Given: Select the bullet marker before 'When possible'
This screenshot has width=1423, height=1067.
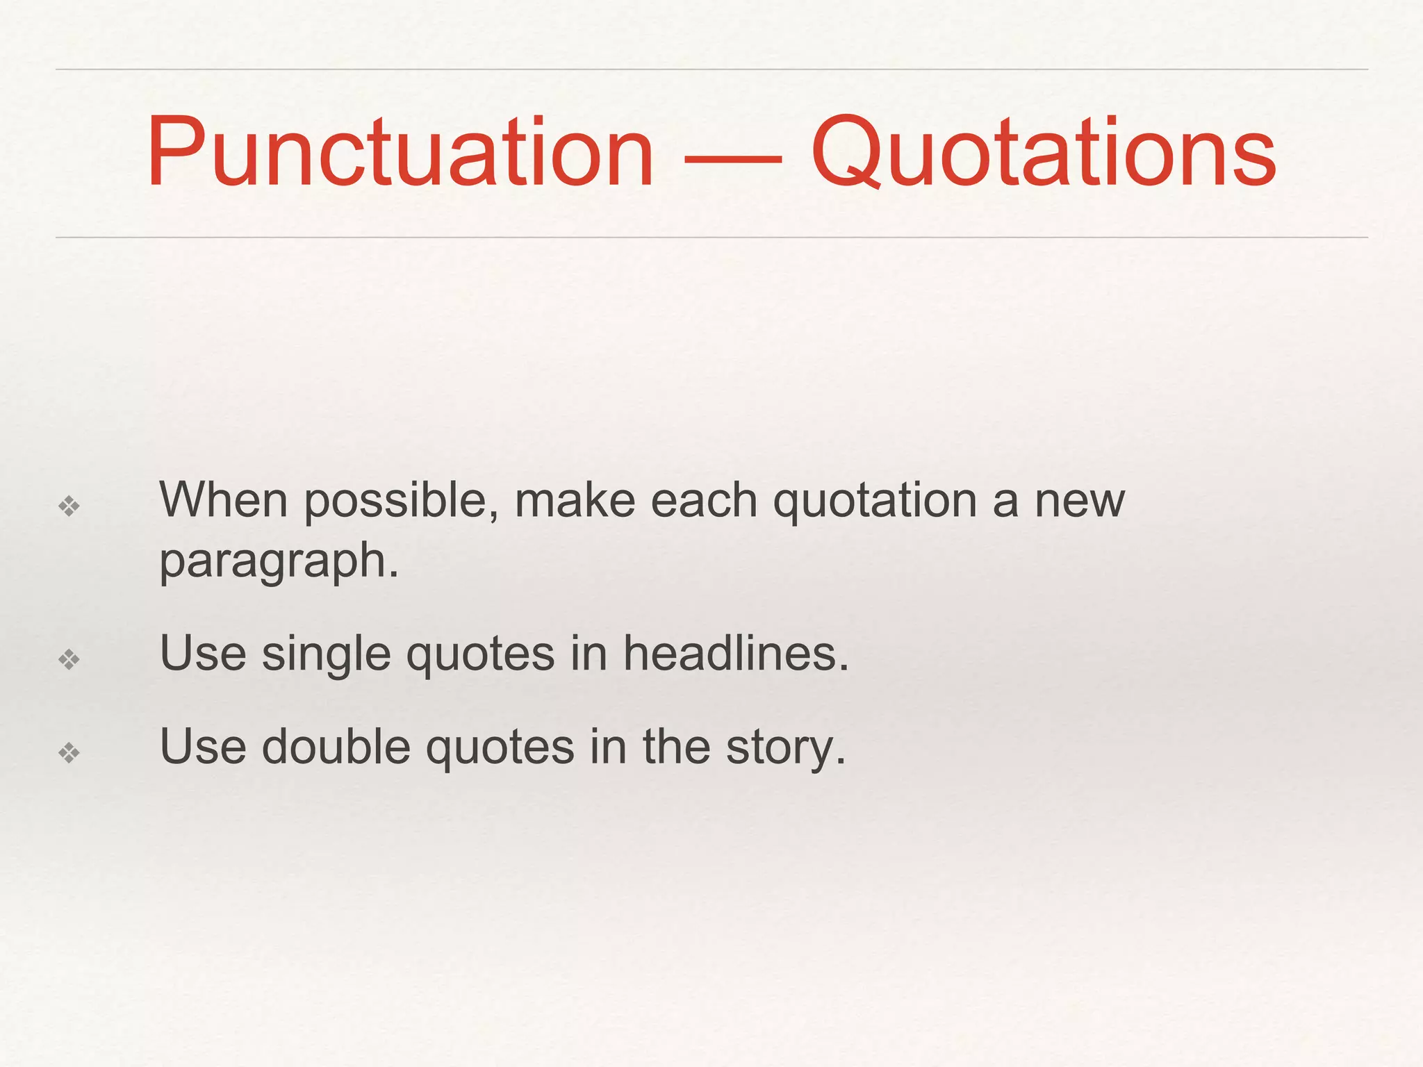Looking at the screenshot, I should click(69, 506).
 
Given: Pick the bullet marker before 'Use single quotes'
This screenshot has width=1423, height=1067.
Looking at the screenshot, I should click(69, 659).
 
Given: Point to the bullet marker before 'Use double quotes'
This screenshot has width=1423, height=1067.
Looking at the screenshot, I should click(69, 752).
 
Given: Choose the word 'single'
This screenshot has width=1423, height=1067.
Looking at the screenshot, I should click(326, 655).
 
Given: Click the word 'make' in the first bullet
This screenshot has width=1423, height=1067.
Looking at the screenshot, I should click(575, 500).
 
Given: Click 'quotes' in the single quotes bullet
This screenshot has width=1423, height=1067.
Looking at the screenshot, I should click(480, 655).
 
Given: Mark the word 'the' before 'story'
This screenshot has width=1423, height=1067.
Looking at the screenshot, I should click(676, 747).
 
